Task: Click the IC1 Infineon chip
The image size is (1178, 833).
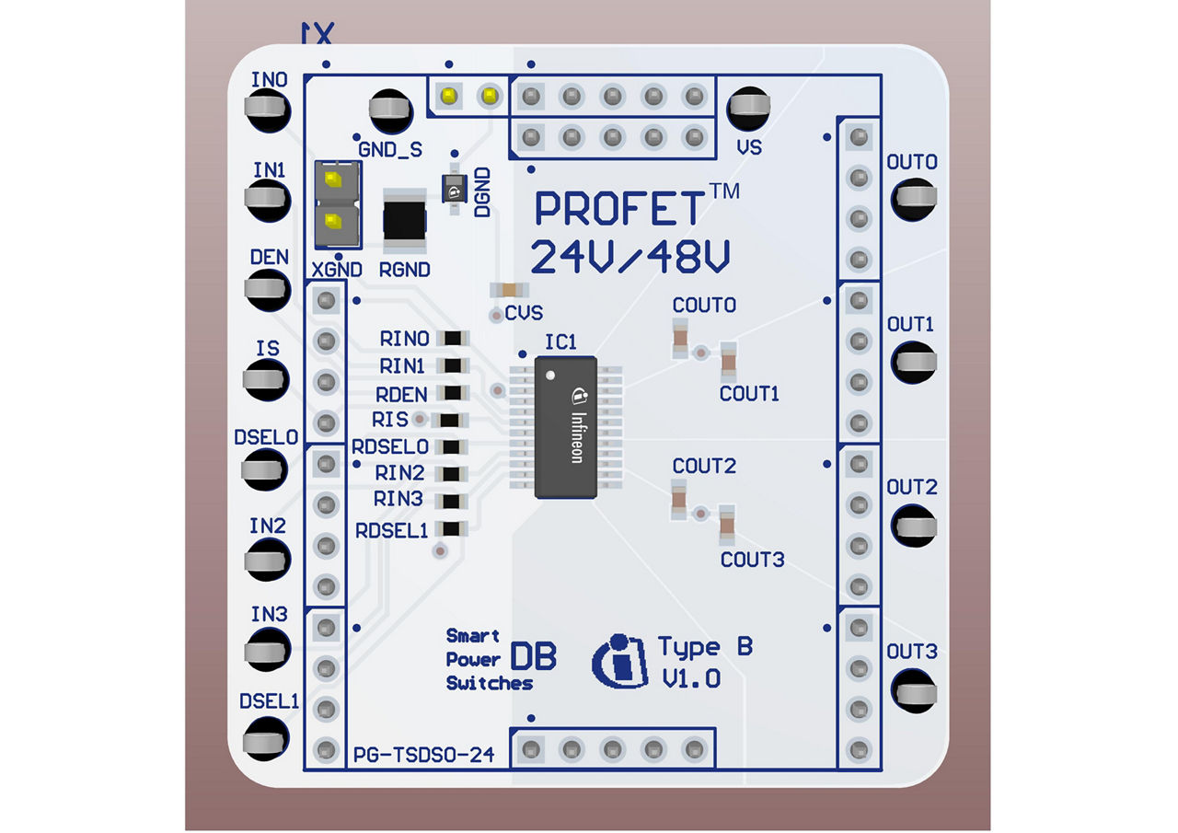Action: click(566, 426)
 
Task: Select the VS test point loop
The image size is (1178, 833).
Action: click(749, 110)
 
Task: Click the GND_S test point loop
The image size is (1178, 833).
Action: click(391, 110)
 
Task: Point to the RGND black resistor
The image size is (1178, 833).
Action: click(405, 222)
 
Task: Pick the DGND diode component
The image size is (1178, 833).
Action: click(453, 191)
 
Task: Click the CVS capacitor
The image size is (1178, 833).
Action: click(502, 290)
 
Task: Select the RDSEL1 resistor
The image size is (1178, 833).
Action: click(452, 529)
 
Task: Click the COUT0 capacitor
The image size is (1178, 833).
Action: click(679, 337)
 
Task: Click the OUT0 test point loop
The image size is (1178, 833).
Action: click(913, 197)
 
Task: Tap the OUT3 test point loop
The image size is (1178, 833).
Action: click(913, 689)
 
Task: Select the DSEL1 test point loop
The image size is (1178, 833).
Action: click(266, 738)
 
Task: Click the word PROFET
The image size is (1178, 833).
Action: click(623, 209)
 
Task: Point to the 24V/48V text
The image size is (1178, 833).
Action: click(631, 258)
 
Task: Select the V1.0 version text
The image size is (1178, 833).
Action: click(691, 679)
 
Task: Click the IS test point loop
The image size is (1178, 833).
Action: click(266, 376)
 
